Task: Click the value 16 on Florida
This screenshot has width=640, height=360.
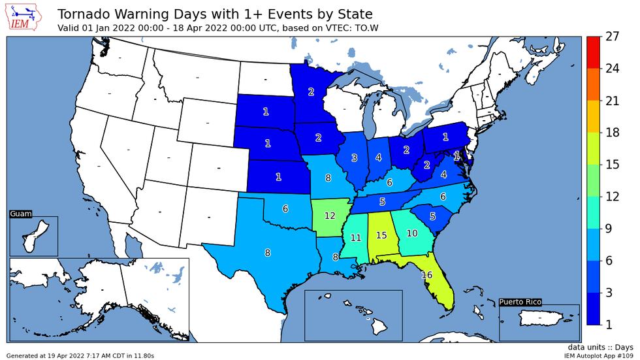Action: (x=427, y=275)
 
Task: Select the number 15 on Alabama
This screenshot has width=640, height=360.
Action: (x=381, y=235)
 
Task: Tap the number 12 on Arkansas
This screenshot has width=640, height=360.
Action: (x=330, y=216)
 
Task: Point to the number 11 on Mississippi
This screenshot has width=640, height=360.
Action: (x=356, y=238)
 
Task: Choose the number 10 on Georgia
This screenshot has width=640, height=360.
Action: (x=412, y=233)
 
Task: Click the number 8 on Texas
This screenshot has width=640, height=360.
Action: (x=267, y=253)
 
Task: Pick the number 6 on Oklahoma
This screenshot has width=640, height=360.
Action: (x=285, y=208)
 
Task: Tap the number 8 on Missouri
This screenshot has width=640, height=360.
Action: (x=328, y=177)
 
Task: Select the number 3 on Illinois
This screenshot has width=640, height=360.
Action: (x=354, y=157)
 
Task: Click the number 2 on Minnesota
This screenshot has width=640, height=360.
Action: (x=311, y=91)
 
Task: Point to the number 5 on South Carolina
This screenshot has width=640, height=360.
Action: (x=432, y=216)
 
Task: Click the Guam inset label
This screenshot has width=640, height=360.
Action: (x=21, y=214)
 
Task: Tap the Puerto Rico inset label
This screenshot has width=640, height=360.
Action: (x=520, y=302)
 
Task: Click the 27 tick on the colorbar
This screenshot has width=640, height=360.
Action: (x=612, y=37)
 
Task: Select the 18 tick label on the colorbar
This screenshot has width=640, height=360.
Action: (x=612, y=133)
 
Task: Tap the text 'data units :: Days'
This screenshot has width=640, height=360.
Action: (x=600, y=347)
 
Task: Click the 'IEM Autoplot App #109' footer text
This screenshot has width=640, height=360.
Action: (x=599, y=355)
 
